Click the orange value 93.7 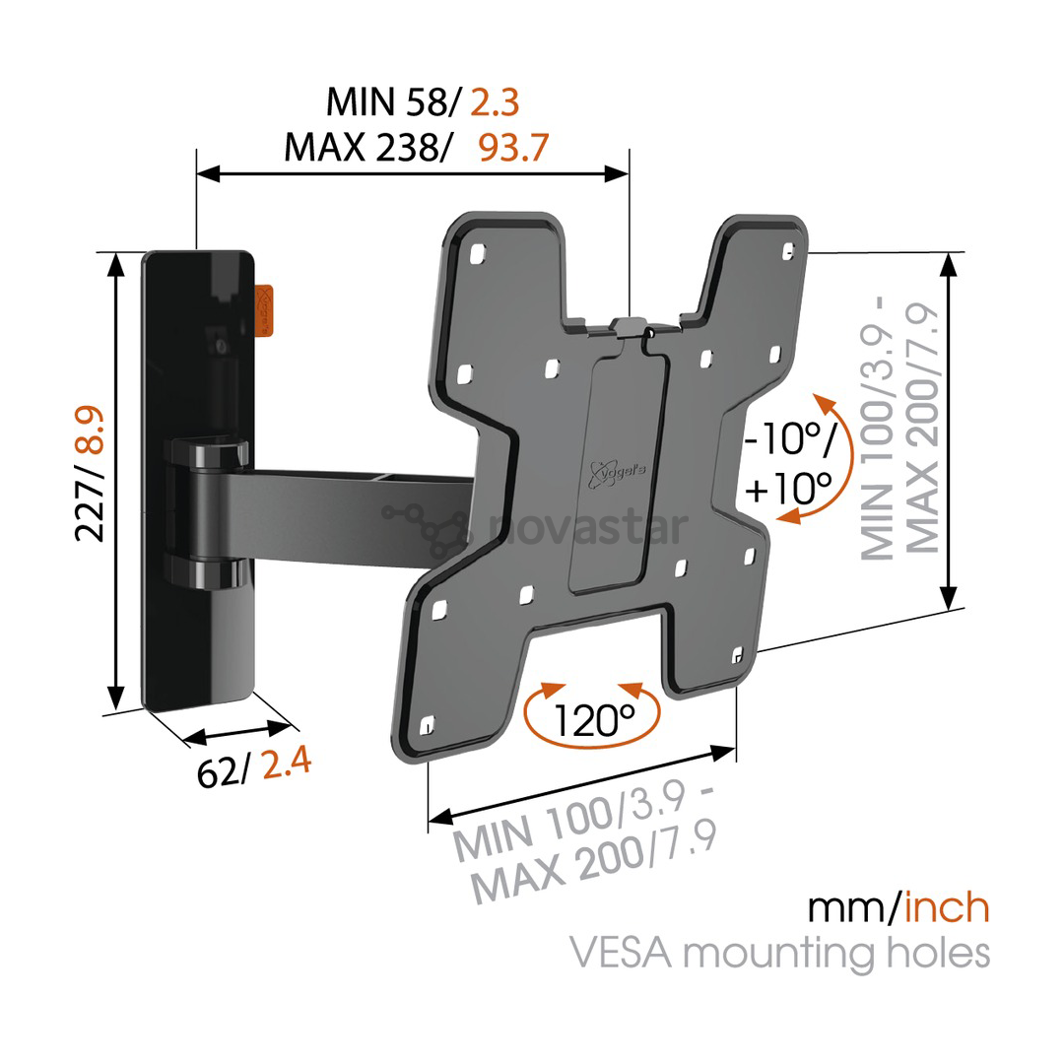pyautogui.click(x=513, y=147)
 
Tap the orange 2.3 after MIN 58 pyautogui.click(x=495, y=102)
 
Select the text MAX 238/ pyautogui.click(x=366, y=147)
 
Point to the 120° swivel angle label pyautogui.click(x=594, y=719)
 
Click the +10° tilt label pyautogui.click(x=788, y=487)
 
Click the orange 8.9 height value pyautogui.click(x=90, y=430)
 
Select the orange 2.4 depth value pyautogui.click(x=287, y=763)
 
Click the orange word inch pyautogui.click(x=947, y=907)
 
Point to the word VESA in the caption pyautogui.click(x=621, y=952)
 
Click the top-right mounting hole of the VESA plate pyautogui.click(x=788, y=252)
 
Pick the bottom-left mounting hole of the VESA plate pyautogui.click(x=427, y=726)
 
